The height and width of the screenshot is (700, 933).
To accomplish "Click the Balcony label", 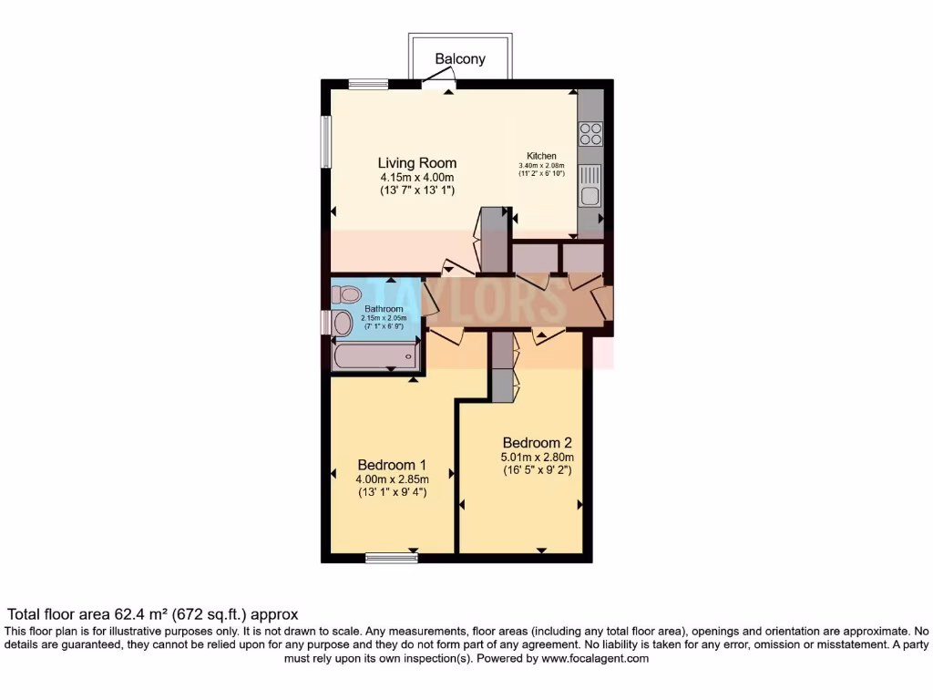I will [x=460, y=59].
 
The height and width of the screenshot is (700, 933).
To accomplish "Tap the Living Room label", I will [x=417, y=163].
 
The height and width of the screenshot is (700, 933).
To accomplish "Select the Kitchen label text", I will [x=541, y=156].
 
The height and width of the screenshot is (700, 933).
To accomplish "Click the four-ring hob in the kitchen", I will [x=590, y=134].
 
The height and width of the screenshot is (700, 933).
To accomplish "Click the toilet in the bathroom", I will [x=346, y=294].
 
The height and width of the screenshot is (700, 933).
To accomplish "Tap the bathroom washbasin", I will [x=342, y=323].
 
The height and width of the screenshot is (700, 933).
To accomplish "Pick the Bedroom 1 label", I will [x=392, y=462].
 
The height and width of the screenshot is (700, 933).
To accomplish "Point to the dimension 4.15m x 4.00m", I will [x=416, y=178].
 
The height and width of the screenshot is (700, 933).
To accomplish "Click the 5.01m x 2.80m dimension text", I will [x=537, y=458].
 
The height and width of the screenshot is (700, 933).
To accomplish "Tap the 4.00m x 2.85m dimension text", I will [x=392, y=477].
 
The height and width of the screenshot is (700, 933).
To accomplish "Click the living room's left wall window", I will [x=325, y=141].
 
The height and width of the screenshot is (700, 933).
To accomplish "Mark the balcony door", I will [x=439, y=85].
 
